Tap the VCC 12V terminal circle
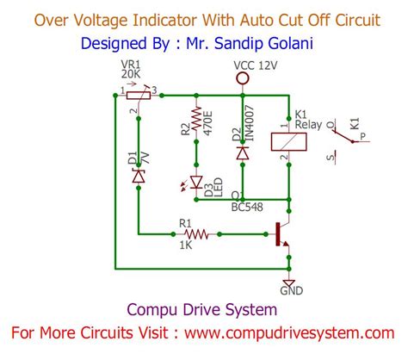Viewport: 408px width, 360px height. point(243,78)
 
